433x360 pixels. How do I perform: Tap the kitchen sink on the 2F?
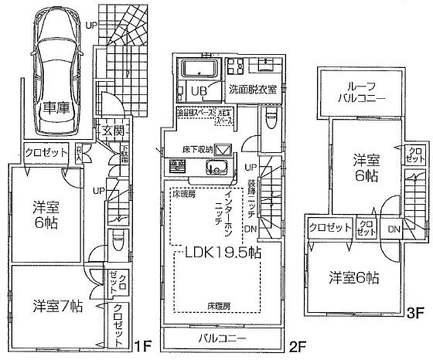[x=214, y=169]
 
